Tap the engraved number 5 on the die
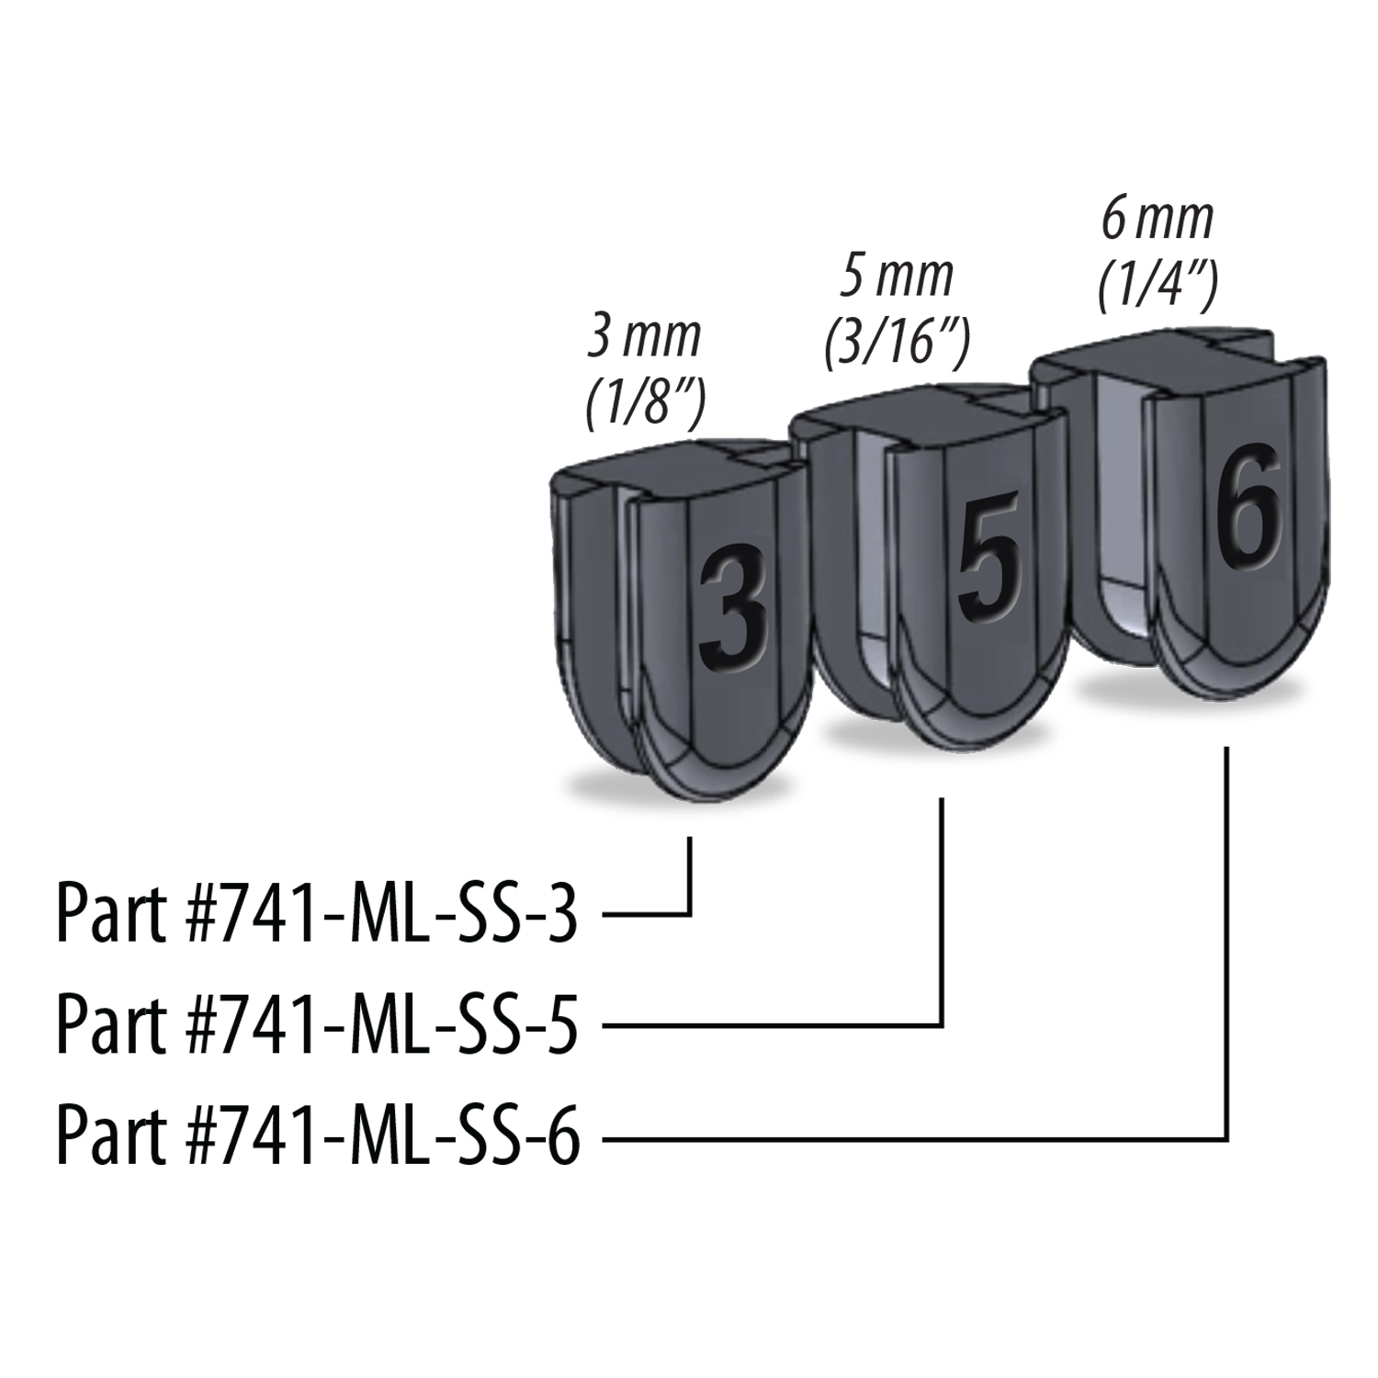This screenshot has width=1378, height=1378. [989, 557]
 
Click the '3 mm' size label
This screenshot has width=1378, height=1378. [644, 338]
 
